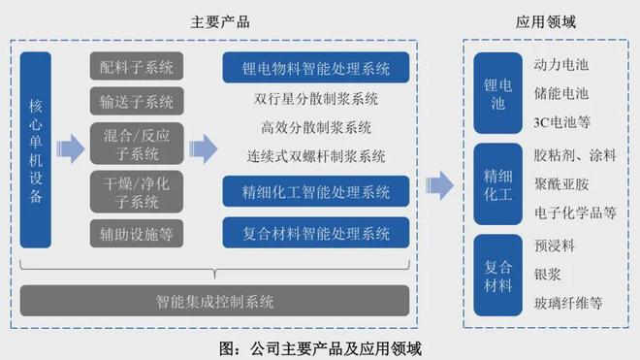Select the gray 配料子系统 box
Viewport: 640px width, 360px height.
tap(137, 68)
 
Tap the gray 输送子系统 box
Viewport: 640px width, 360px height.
tap(137, 101)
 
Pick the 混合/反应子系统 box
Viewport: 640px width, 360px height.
tap(137, 143)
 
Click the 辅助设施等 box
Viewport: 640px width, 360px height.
tap(137, 232)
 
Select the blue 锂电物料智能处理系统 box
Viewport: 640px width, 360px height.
tap(317, 69)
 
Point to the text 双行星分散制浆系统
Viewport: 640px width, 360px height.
tap(316, 99)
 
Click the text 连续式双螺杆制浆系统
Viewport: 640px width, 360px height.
tap(316, 156)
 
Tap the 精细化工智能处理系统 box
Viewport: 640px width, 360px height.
tap(317, 191)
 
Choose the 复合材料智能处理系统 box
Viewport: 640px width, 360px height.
tap(317, 233)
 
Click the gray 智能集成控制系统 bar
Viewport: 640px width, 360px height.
tap(214, 302)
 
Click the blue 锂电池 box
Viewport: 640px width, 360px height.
tap(496, 93)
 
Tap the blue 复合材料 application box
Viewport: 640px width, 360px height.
tap(496, 274)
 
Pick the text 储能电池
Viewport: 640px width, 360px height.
tap(560, 93)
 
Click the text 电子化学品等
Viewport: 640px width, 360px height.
tap(575, 213)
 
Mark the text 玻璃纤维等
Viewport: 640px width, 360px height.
tap(568, 304)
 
